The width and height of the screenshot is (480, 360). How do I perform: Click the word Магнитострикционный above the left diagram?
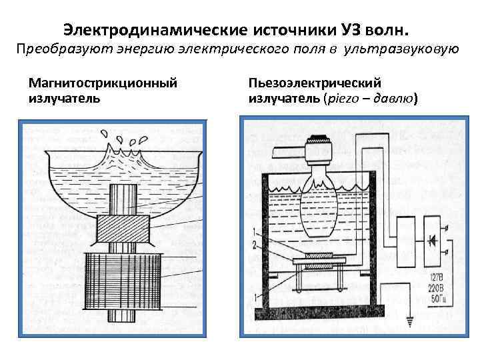[x=103, y=83]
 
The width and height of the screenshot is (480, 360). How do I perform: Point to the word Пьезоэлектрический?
[x=315, y=83]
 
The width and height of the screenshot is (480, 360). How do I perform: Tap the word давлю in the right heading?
[x=393, y=99]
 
